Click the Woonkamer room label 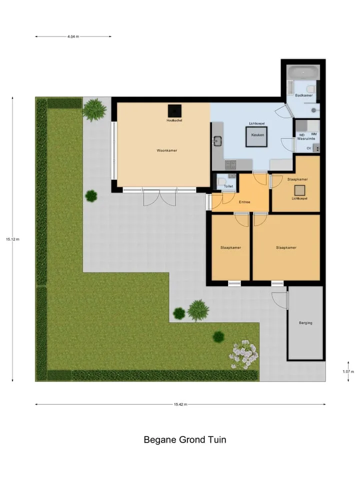pyautogui.click(x=167, y=150)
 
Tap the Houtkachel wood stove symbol pyautogui.click(x=174, y=111)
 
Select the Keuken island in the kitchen pyautogui.click(x=257, y=136)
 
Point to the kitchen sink pyautogui.click(x=217, y=141)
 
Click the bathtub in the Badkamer pyautogui.click(x=303, y=73)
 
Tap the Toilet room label pyautogui.click(x=228, y=186)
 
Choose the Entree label pyautogui.click(x=244, y=202)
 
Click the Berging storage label pyautogui.click(x=305, y=322)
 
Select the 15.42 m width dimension pyautogui.click(x=180, y=404)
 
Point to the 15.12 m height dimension pyautogui.click(x=12, y=239)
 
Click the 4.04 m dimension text pyautogui.click(x=73, y=36)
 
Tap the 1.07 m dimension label pyautogui.click(x=348, y=371)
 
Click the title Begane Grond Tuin pyautogui.click(x=185, y=440)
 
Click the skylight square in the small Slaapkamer pyautogui.click(x=299, y=190)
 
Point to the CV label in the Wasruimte pyautogui.click(x=309, y=148)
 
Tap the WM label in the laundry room pyautogui.click(x=314, y=134)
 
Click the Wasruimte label pyautogui.click(x=306, y=138)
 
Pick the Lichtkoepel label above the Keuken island pyautogui.click(x=256, y=123)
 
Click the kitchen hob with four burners pyautogui.click(x=230, y=164)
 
